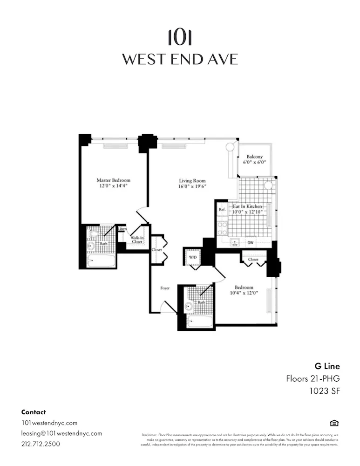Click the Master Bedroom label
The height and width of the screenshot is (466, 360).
click(113, 180)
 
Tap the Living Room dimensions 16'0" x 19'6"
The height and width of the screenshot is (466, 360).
click(192, 186)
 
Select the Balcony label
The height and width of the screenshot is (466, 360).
click(254, 157)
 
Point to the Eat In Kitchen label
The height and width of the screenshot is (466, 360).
click(247, 206)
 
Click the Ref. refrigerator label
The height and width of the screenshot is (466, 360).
click(222, 210)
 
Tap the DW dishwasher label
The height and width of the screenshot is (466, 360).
click(251, 242)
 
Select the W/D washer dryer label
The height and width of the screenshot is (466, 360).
click(192, 257)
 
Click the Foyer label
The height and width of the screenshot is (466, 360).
click(165, 288)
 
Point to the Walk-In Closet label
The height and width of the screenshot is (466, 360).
click(136, 239)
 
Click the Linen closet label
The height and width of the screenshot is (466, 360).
click(122, 229)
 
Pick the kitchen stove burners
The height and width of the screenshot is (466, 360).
click(222, 227)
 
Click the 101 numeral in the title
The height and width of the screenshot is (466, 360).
click(180, 37)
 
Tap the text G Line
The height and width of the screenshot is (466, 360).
click(327, 366)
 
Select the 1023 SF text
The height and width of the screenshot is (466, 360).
click(325, 391)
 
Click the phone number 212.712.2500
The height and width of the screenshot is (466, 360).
click(41, 444)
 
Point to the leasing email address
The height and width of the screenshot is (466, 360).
click(61, 433)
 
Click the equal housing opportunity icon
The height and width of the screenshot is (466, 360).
click(334, 423)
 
